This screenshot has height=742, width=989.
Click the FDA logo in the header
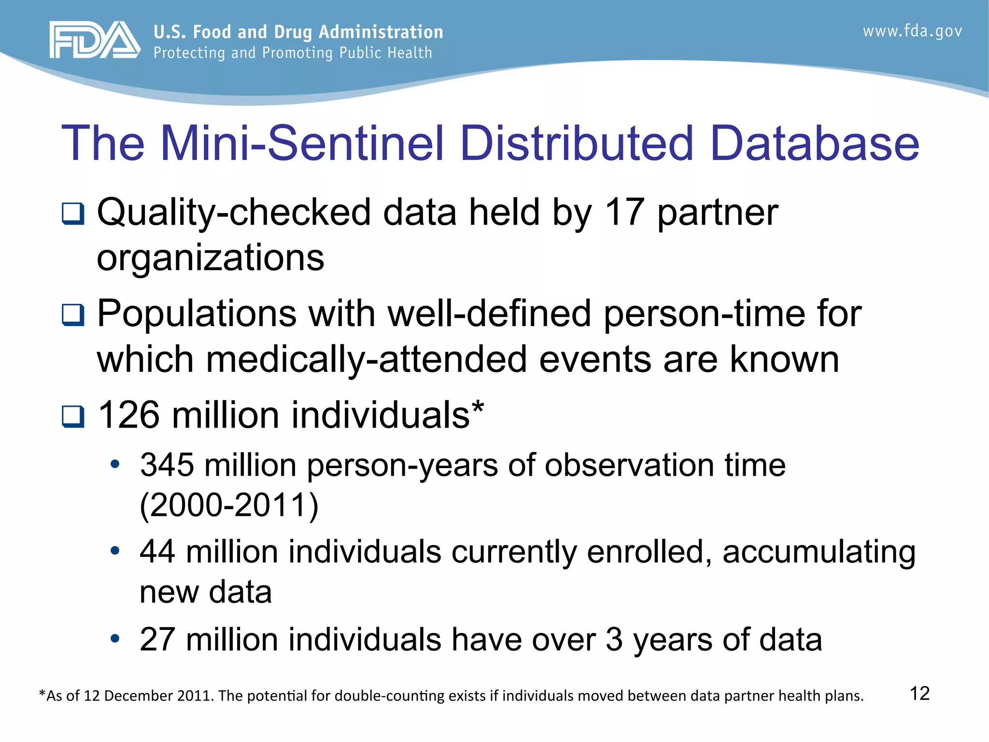(x=95, y=40)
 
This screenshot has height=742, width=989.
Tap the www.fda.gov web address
(x=912, y=31)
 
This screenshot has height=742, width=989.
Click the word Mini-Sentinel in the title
(x=302, y=143)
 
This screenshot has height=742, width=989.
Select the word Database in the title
(x=815, y=143)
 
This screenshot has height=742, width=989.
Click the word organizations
(x=210, y=257)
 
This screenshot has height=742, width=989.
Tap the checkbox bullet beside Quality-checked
(x=73, y=214)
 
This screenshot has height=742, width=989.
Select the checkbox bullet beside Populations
(x=73, y=315)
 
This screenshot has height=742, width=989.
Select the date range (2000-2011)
(x=229, y=505)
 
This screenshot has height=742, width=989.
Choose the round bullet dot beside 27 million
(x=115, y=639)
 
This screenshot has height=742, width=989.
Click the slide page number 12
(x=919, y=693)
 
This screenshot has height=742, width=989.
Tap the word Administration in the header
(x=381, y=32)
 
